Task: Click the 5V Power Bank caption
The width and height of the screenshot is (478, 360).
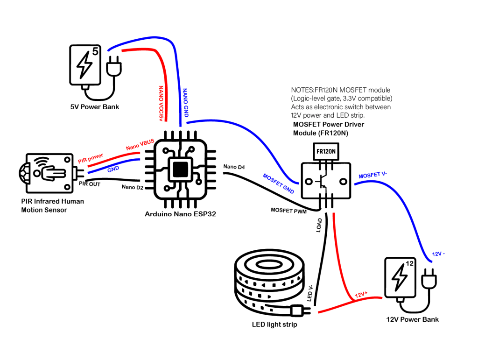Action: [x=95, y=107]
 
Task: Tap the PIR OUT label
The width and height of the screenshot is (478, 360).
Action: [x=90, y=184]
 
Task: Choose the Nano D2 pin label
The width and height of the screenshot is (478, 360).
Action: [x=132, y=187]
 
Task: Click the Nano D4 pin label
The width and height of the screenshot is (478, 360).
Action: [x=234, y=166]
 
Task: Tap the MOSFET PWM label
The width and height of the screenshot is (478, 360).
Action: [x=288, y=210]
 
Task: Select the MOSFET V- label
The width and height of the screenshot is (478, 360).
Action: [x=373, y=176]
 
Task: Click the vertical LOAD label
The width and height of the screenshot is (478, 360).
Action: [x=319, y=226]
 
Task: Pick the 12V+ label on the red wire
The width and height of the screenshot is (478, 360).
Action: [x=361, y=295]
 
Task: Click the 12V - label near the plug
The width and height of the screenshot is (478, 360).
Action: [x=438, y=254]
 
